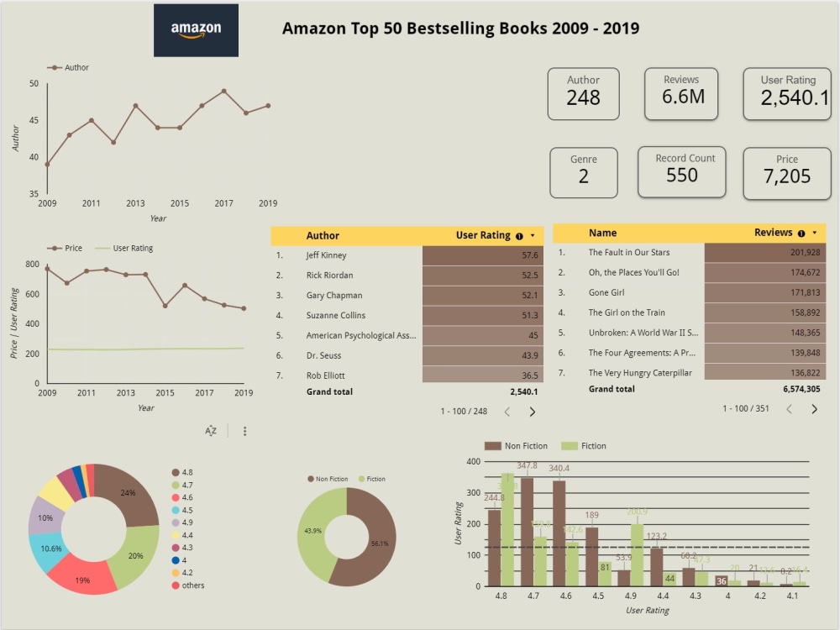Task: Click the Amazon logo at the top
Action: click(196, 30)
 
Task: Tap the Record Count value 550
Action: click(681, 175)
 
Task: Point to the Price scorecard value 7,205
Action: click(786, 176)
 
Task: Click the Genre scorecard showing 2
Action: click(583, 176)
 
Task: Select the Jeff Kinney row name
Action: click(326, 255)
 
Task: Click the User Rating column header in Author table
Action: click(483, 236)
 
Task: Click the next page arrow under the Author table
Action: click(532, 412)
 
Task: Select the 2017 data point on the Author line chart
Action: click(223, 91)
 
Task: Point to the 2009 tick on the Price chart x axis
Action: click(47, 393)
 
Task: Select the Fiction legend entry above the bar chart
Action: click(586, 446)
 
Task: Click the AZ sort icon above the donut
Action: click(211, 431)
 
